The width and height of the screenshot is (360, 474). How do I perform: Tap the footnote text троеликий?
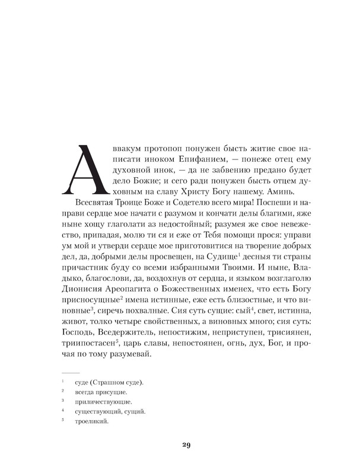pyautogui.click(x=90, y=421)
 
